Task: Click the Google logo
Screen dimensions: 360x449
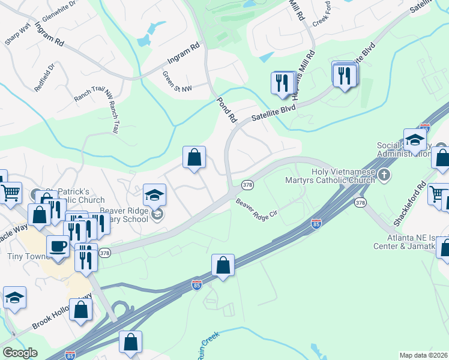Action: coord(20,353)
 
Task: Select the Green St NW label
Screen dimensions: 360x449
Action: coord(177,82)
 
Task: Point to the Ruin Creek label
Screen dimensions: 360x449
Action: coord(205,348)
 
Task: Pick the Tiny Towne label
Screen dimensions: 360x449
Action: coord(23,257)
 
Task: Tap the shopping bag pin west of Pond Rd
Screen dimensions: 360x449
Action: coord(194,158)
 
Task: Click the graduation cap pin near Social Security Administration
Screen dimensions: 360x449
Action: coord(415,141)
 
